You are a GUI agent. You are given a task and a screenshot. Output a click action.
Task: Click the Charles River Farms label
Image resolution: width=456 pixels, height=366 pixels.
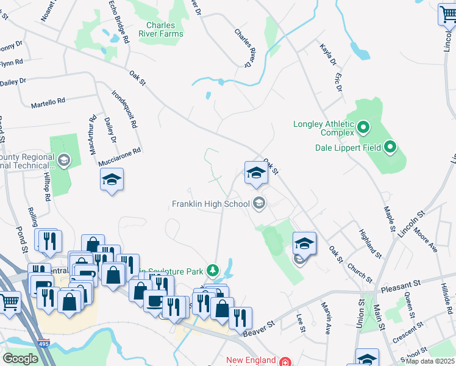point(161,30)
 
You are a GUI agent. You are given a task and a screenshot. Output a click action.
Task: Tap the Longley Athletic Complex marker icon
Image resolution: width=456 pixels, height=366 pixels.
point(364,128)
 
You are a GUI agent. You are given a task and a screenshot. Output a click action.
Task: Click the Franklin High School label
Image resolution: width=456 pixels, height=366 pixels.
point(210,204)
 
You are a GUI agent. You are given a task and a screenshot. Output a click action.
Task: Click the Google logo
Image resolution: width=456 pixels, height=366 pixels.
point(20,358)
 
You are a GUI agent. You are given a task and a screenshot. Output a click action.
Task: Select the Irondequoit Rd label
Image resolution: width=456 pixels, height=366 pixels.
point(124,109)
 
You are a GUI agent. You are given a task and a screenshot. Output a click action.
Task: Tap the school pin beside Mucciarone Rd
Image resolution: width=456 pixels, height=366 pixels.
point(112,179)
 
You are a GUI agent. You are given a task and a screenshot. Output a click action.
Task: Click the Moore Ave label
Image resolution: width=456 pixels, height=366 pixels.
point(425,240)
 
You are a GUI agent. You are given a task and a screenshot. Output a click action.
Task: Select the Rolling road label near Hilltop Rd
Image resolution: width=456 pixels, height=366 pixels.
point(33,217)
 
